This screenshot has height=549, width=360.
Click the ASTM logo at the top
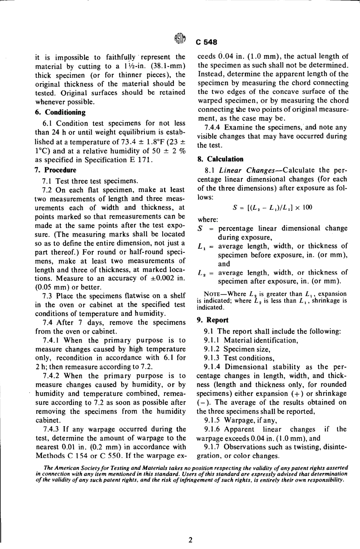pos(180,39)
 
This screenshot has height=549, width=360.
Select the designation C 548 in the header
pos(206,42)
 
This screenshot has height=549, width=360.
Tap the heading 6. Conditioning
pos(60,112)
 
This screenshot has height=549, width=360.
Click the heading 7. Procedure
pos(55,170)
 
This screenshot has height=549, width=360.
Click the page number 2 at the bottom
pos(190,540)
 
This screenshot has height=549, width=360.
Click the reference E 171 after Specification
pos(141,160)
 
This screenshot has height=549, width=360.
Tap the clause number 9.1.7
pos(212,447)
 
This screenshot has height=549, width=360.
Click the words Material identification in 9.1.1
pos(261,340)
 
